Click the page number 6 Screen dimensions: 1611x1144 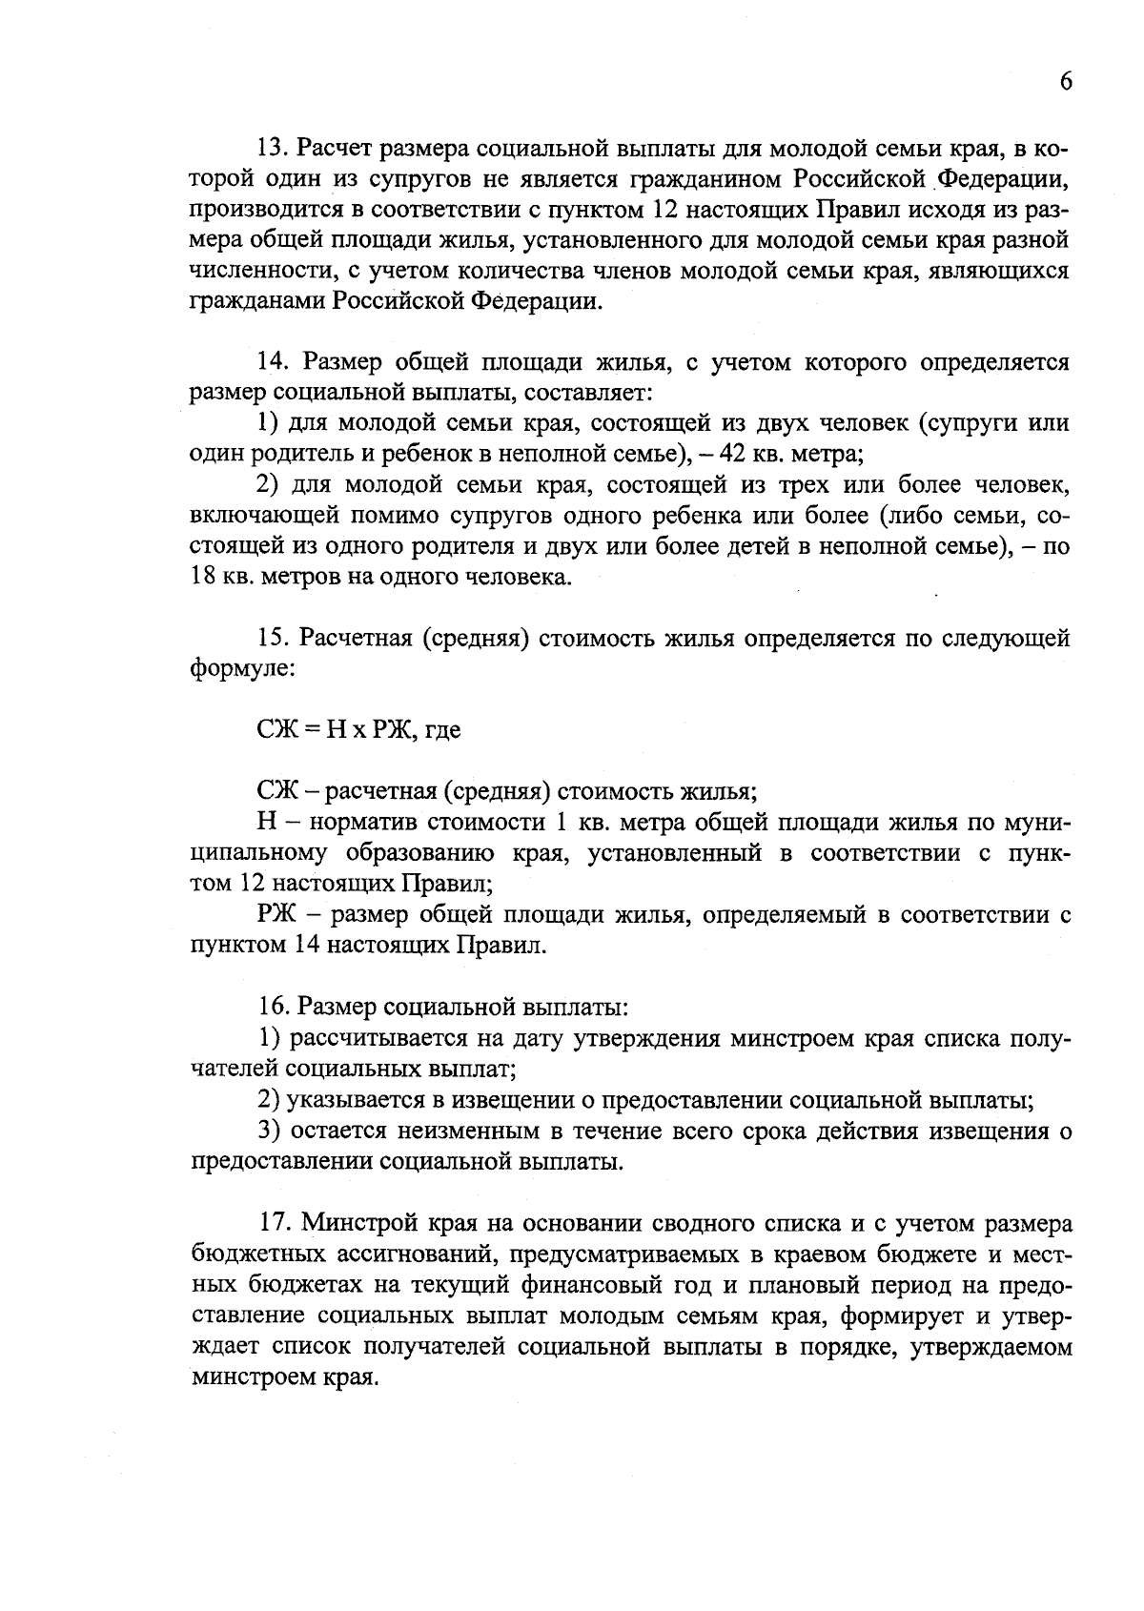tap(1066, 81)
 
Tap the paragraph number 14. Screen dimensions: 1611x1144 tap(274, 362)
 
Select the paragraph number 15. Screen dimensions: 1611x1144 tap(274, 638)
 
